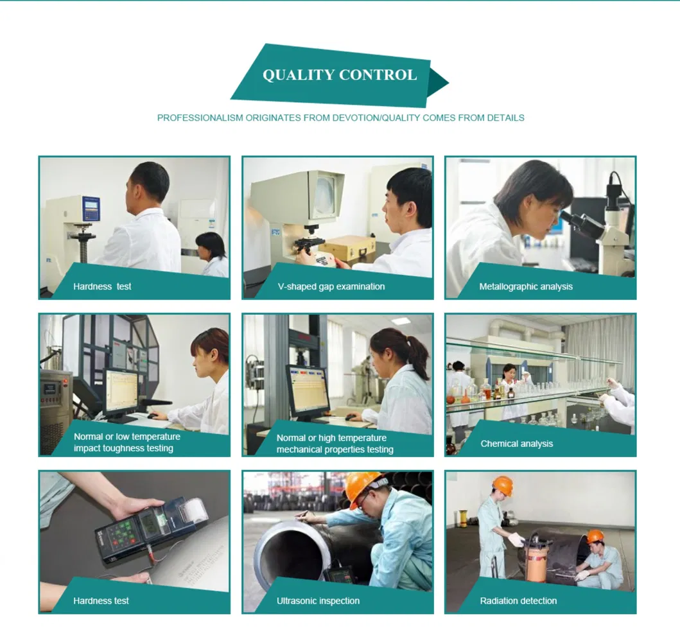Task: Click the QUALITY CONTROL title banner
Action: coord(339,75)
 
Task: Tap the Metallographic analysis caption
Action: coord(525,286)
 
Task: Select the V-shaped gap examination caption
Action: coord(331,286)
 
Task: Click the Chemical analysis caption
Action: coord(516,444)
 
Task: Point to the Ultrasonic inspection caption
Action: coord(318,601)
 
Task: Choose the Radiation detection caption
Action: coord(518,601)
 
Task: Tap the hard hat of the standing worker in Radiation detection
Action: coord(503,485)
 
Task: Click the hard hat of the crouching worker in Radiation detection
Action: coord(595,536)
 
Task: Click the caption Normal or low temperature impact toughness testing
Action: coord(126,442)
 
